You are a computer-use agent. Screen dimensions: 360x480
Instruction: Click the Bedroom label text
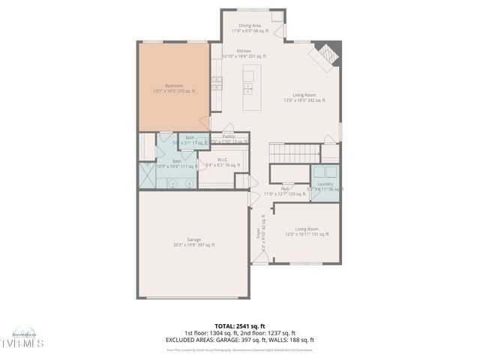pos(173,85)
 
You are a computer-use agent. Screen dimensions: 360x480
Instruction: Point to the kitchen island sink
pos(247,87)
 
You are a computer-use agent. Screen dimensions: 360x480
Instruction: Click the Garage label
pos(193,239)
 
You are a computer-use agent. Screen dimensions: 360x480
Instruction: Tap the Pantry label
pos(228,136)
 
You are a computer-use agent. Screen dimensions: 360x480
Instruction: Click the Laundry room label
pos(325,184)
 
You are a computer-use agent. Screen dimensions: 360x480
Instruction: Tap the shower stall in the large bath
pos(147,175)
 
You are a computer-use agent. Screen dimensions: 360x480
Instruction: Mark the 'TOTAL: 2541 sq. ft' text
pos(239,325)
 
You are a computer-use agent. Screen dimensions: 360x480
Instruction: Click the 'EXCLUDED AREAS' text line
pos(239,340)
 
